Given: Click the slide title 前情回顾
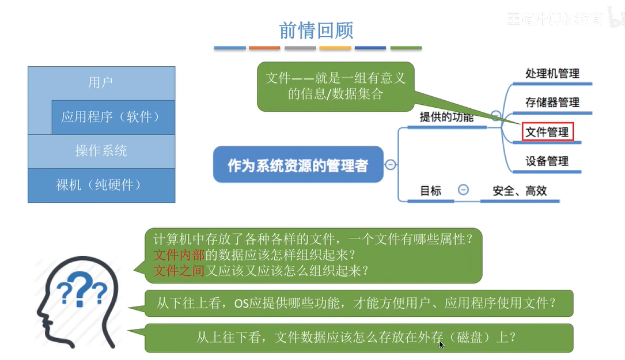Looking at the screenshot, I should pyautogui.click(x=316, y=31).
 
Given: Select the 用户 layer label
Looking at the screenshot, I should pyautogui.click(x=101, y=82).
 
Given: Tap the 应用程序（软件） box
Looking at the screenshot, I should pyautogui.click(x=113, y=117).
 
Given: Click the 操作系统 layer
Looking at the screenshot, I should pyautogui.click(x=101, y=151).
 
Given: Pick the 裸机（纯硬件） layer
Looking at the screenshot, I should pyautogui.click(x=101, y=185).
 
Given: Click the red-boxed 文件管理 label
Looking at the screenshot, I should pyautogui.click(x=548, y=132).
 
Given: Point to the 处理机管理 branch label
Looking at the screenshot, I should pyautogui.click(x=552, y=74).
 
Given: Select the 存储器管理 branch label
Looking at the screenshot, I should pyautogui.click(x=552, y=103).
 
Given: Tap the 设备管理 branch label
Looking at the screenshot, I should pyautogui.click(x=547, y=161).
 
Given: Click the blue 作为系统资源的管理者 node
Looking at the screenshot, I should pyautogui.click(x=298, y=165).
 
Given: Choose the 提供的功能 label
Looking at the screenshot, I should pyautogui.click(x=446, y=118).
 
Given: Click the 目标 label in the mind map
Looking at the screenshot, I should pyautogui.click(x=430, y=191).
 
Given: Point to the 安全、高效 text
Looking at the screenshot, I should pyautogui.click(x=520, y=191).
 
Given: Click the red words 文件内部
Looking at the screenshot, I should pyautogui.click(x=179, y=254).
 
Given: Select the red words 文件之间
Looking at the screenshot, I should pyautogui.click(x=179, y=269).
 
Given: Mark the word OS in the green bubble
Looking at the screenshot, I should pyautogui.click(x=241, y=303).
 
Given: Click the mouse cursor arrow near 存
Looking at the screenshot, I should pyautogui.click(x=441, y=344).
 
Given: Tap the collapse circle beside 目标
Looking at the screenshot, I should pyautogui.click(x=463, y=190).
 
